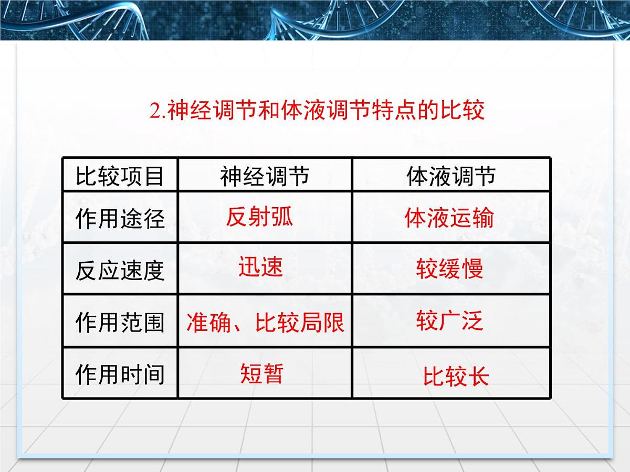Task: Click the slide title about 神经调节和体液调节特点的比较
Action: pyautogui.click(x=317, y=112)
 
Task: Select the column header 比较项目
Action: pyautogui.click(x=120, y=176)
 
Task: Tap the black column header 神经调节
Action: pyautogui.click(x=265, y=176)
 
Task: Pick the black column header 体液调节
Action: pyautogui.click(x=451, y=176)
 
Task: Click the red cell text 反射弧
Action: pyautogui.click(x=259, y=217)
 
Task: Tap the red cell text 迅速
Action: pyautogui.click(x=261, y=267)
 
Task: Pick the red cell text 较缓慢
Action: pyautogui.click(x=449, y=269)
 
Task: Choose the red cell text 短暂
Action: pyautogui.click(x=262, y=374)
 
